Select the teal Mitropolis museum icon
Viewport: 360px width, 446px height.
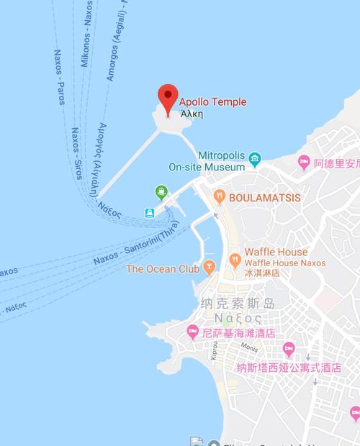(256, 158)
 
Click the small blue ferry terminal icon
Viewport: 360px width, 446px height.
(150, 213)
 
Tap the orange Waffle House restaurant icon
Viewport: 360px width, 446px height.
(234, 258)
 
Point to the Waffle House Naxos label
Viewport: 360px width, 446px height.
(284, 263)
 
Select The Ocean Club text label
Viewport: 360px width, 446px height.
(162, 269)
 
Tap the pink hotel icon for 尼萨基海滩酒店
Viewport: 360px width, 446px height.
(193, 332)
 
